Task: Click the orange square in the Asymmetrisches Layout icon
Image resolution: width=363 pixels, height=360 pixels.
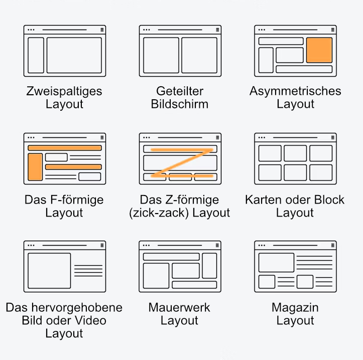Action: (319, 50)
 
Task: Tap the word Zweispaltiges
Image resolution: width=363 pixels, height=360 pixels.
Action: (64, 91)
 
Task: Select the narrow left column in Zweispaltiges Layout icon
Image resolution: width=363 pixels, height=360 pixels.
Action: (36, 55)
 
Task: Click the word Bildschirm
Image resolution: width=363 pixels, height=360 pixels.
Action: (180, 104)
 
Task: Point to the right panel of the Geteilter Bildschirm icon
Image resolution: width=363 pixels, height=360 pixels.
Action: (199, 55)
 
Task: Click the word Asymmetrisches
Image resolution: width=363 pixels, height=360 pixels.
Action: (295, 91)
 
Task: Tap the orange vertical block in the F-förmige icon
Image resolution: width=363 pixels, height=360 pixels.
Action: (35, 166)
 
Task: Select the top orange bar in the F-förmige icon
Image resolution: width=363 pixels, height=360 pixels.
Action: (65, 148)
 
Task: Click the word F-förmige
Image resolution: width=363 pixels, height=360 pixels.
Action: (77, 200)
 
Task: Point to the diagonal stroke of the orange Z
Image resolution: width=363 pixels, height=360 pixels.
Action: (182, 163)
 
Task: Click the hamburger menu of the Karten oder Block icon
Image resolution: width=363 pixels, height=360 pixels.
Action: (333, 137)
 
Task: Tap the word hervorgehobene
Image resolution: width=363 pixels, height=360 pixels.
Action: (77, 307)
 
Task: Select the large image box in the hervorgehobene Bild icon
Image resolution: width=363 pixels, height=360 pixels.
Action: (49, 271)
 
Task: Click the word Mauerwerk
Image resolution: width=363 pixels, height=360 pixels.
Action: (179, 307)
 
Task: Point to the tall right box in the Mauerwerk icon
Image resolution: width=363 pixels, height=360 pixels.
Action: (209, 266)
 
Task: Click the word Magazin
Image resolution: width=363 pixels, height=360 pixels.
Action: (295, 308)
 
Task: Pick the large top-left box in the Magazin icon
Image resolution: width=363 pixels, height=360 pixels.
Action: (277, 262)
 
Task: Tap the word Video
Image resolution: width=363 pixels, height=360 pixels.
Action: (91, 320)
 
